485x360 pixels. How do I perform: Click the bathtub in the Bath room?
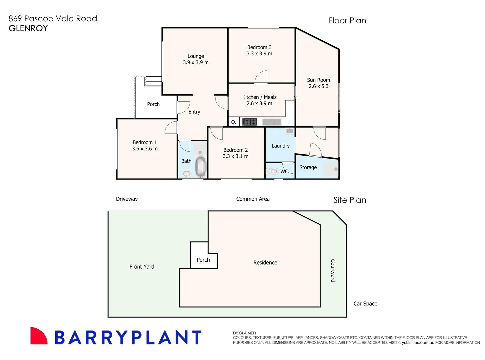pos(200,167)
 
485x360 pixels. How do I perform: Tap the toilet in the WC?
pos(273,171)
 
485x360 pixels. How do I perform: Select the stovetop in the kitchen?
pos(249,122)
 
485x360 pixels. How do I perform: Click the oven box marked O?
pos(234,122)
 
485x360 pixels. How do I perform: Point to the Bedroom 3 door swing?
pos(261,77)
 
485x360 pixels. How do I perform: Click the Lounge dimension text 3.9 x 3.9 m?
pos(196,62)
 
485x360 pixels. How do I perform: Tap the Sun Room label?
pos(318,80)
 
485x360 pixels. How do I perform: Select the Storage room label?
pos(308,167)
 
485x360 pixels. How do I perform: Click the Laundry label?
pos(280,146)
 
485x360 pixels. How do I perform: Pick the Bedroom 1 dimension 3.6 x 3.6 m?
pos(145,149)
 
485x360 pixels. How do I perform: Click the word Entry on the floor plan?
pos(194,112)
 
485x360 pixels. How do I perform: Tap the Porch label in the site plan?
pos(203,260)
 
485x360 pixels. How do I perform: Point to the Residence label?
pos(265,263)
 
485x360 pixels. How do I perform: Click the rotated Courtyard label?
pos(333,271)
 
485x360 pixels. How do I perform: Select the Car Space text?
pos(365,304)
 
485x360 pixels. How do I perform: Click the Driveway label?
pos(127,199)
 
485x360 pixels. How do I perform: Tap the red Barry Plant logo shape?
pos(38,336)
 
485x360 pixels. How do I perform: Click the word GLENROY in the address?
pos(28,28)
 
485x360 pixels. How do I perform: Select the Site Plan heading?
pos(350,200)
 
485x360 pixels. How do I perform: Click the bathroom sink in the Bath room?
pos(187,173)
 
